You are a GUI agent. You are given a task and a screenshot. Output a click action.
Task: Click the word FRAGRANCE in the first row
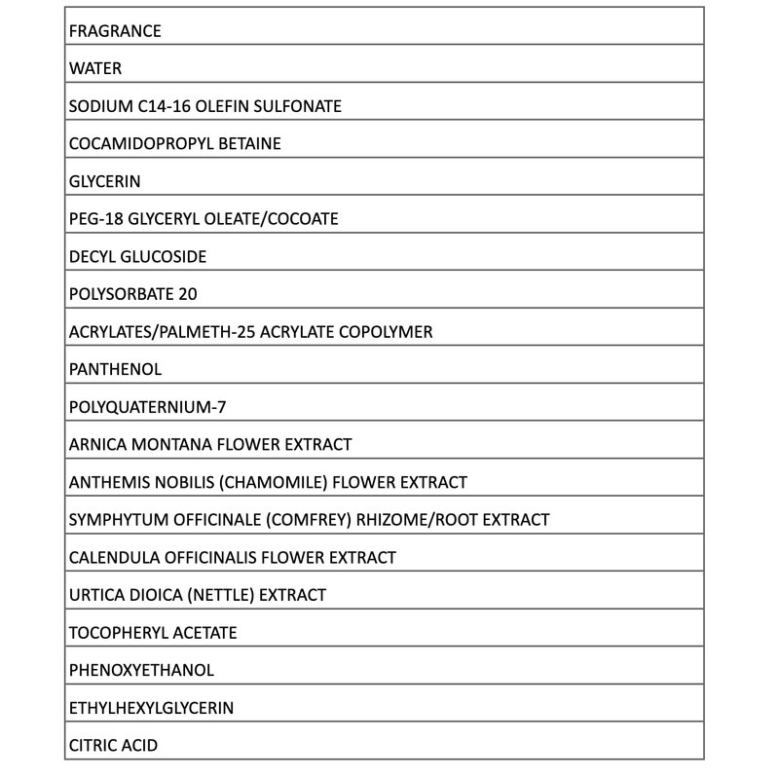point(115,31)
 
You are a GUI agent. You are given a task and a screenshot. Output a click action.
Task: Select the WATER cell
point(94,69)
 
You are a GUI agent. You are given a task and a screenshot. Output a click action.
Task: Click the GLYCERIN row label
point(103,181)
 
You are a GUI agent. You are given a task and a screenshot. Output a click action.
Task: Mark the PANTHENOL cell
point(115,370)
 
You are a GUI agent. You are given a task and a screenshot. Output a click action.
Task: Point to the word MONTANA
point(167,445)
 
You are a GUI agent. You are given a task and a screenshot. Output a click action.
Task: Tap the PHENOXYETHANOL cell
point(141,671)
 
